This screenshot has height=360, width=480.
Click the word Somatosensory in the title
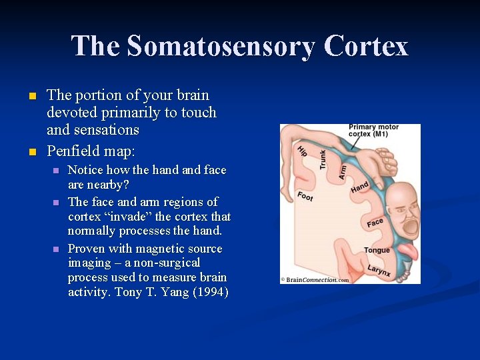[x=220, y=47]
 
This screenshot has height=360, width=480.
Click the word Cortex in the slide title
[x=366, y=47]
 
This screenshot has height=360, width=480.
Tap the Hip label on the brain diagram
[x=302, y=151]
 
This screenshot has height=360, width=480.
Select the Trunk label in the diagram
[x=323, y=159]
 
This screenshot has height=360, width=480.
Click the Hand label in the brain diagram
[x=359, y=188]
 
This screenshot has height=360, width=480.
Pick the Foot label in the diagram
[x=305, y=196]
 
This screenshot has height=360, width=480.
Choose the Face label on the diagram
[x=375, y=223]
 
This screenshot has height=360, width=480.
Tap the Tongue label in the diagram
[x=377, y=251]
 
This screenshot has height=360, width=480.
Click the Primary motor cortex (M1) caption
[x=373, y=131]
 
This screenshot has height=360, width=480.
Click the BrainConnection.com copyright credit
[x=315, y=280]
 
